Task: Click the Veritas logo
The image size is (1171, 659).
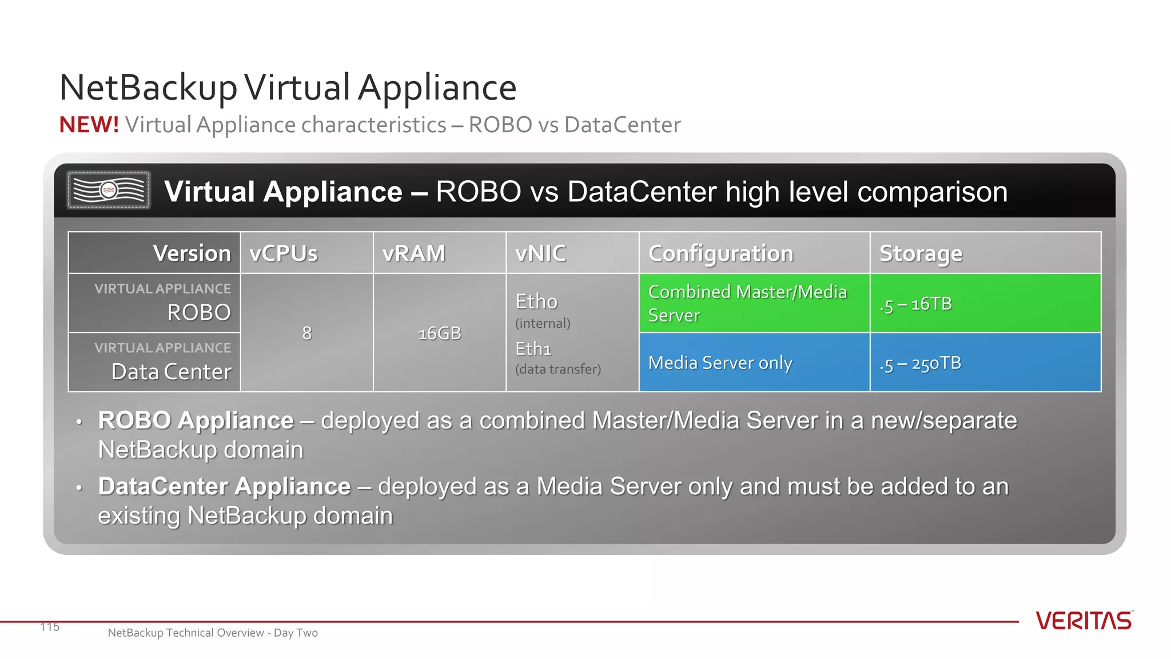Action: pos(1084,621)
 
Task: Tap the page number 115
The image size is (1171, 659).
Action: pos(50,627)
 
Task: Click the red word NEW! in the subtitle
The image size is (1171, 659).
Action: pos(89,125)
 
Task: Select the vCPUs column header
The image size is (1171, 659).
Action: pos(284,253)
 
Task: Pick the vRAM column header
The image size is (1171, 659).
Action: pos(413,253)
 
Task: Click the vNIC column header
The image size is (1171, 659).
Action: pos(540,253)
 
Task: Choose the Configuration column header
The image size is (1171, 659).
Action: pos(720,253)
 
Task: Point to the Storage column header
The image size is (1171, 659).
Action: pos(921,253)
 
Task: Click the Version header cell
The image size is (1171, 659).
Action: pos(192,253)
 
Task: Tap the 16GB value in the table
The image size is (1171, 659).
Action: pos(439,333)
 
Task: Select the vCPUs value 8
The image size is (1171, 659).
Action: pos(307,333)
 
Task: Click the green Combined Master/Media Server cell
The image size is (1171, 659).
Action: pos(754,303)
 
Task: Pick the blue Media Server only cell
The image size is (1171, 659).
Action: pos(754,363)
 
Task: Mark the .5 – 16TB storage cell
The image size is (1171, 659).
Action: pos(985,304)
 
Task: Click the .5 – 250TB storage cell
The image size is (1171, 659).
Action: pos(985,363)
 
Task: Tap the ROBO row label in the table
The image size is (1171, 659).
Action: pos(198,312)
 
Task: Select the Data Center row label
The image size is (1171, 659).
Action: pos(171,372)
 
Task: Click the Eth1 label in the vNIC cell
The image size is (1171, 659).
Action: pos(533,348)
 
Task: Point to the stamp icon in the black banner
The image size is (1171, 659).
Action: pos(109,190)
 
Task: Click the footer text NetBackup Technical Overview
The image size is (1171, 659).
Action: pos(212,633)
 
